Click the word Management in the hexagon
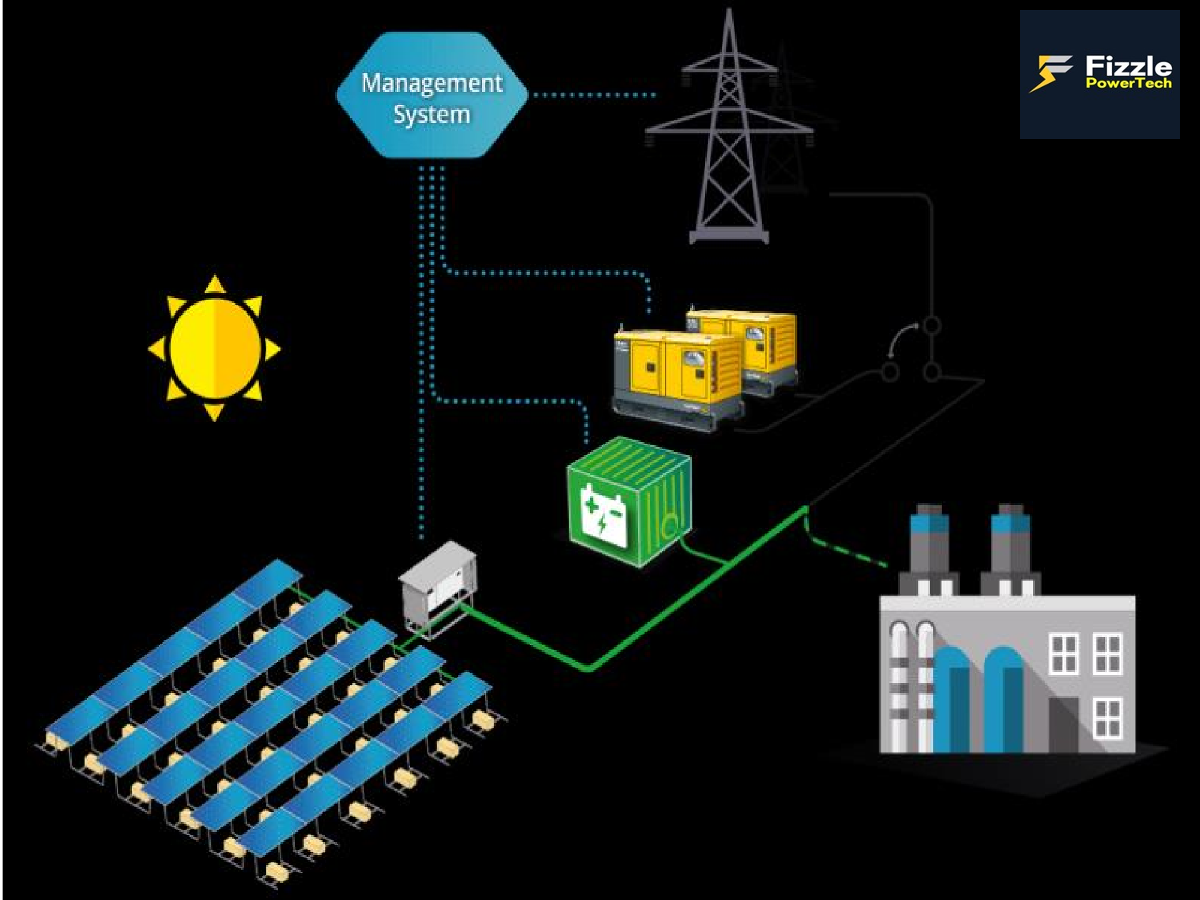pos(432,83)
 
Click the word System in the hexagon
pos(432,115)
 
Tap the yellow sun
pos(215,348)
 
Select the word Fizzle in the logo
pos(1128,67)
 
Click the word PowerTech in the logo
pos(1128,83)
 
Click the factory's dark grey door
pos(1063,724)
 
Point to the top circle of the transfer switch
pos(932,325)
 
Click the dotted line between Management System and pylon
pos(594,95)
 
